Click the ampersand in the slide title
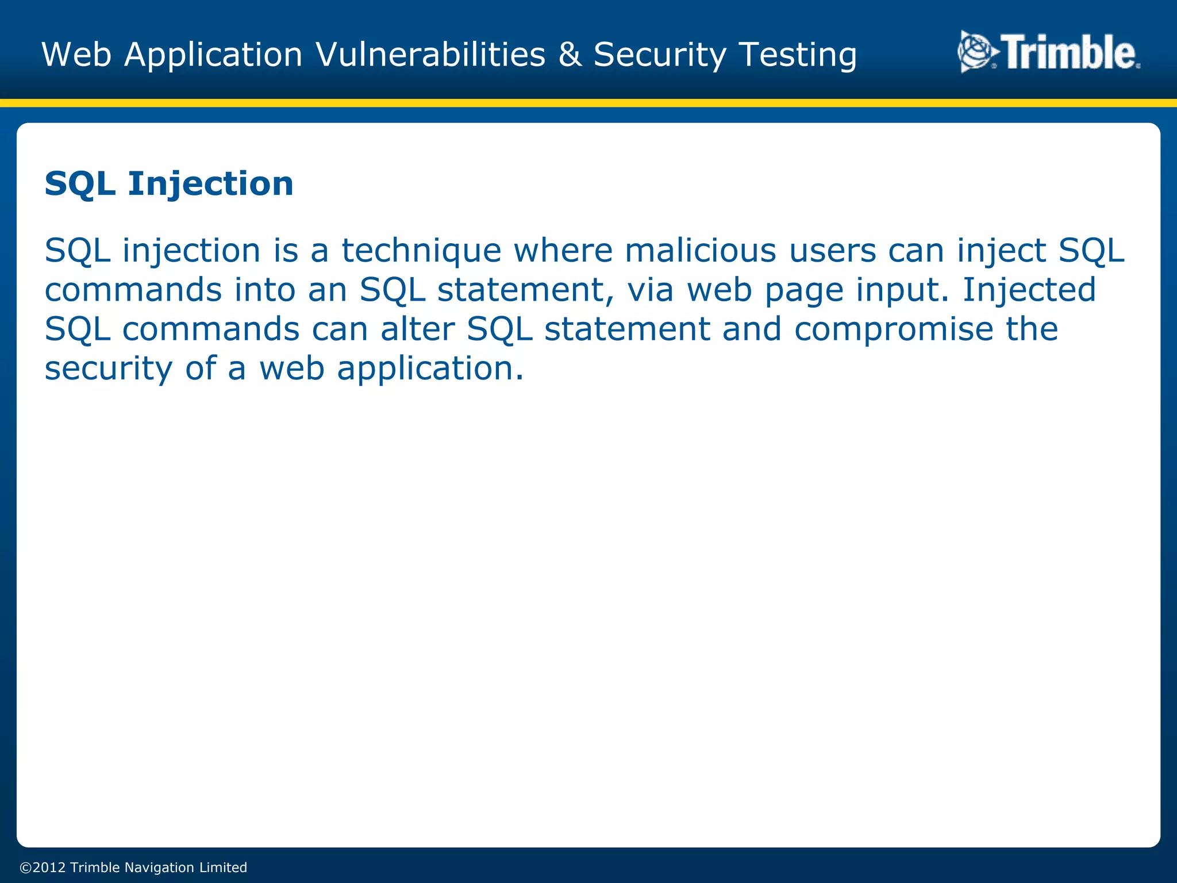[569, 55]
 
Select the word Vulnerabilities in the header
[430, 55]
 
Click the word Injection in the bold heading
[210, 185]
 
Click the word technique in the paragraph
[421, 252]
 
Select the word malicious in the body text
[700, 251]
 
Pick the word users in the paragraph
[832, 252]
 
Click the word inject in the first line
[1001, 252]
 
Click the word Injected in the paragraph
[1029, 290]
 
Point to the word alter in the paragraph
[417, 329]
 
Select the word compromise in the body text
[894, 330]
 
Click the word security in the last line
[108, 369]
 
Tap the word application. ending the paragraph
[430, 369]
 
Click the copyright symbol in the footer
[26, 867]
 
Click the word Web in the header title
[76, 55]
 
